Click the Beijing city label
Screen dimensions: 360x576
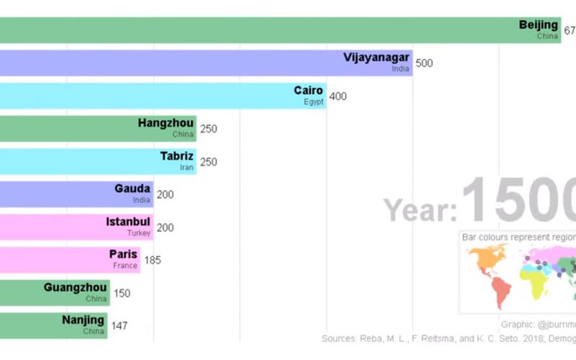coord(538,25)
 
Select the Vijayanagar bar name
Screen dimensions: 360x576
coord(376,58)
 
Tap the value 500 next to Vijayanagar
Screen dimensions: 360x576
coord(424,63)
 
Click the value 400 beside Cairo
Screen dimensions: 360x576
coord(338,96)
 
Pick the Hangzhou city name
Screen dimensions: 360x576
coord(166,123)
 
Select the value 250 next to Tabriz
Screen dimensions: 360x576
coord(208,162)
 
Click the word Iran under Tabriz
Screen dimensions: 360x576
coord(187,167)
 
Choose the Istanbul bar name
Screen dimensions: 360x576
coord(127,221)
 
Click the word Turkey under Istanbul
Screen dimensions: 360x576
coord(140,233)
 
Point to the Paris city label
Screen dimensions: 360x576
coord(122,254)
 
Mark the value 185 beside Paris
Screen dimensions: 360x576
coord(153,260)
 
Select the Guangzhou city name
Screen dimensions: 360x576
coord(75,287)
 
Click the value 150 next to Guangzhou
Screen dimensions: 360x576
coord(122,293)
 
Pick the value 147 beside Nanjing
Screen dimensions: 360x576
coord(120,325)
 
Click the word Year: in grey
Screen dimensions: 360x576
coord(420,210)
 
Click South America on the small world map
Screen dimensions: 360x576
coord(501,289)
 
